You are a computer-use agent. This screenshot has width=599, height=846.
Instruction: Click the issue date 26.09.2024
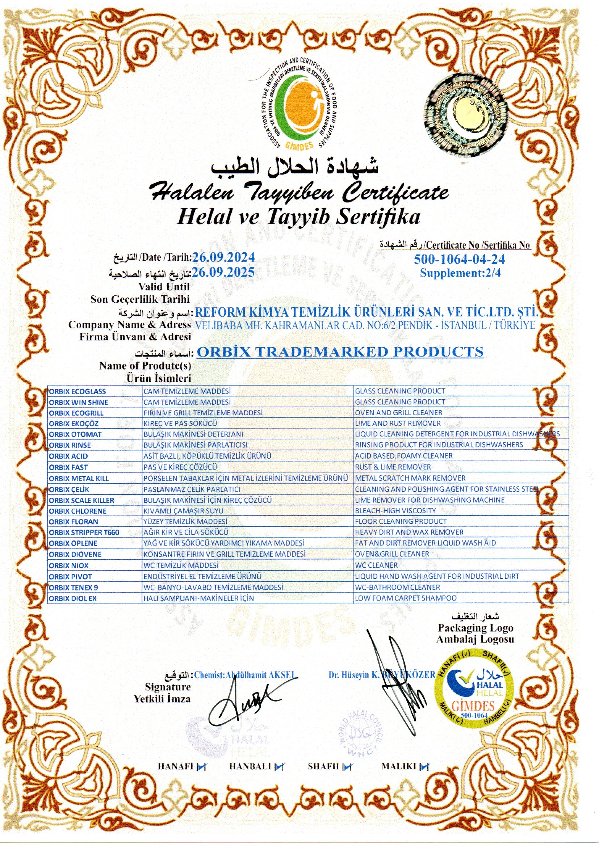pyautogui.click(x=223, y=257)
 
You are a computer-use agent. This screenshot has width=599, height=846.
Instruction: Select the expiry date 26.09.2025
pyautogui.click(x=223, y=273)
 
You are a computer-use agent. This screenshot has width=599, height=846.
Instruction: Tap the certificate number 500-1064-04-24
pyautogui.click(x=459, y=260)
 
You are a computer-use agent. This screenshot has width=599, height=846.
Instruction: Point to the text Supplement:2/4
pyautogui.click(x=460, y=273)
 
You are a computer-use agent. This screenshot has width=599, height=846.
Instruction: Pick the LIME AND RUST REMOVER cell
pyautogui.click(x=398, y=424)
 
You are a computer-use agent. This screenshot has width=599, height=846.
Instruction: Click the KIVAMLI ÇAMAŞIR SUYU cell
pyautogui.click(x=183, y=511)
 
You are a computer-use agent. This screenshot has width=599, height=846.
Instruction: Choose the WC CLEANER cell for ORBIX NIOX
pyautogui.click(x=376, y=565)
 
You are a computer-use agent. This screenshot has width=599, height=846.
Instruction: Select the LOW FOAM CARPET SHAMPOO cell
pyautogui.click(x=406, y=598)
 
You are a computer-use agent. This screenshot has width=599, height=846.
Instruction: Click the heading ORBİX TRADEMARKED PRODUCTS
pyautogui.click(x=340, y=352)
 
